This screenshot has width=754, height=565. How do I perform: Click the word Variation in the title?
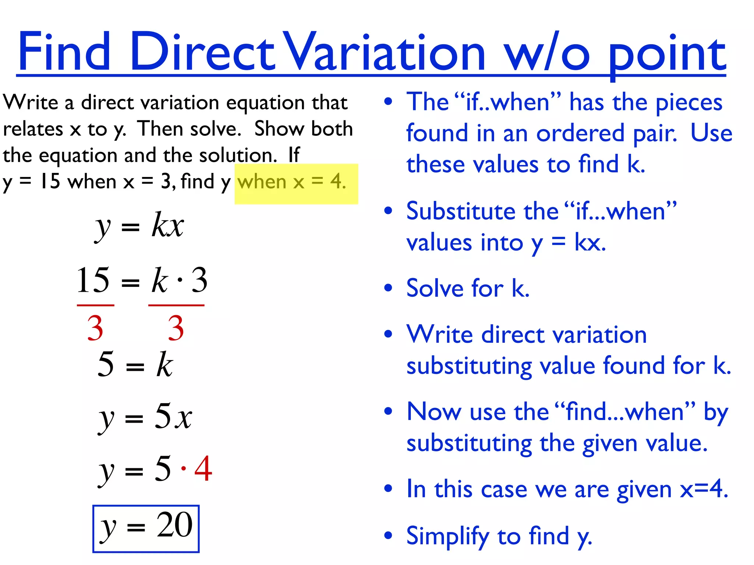385,51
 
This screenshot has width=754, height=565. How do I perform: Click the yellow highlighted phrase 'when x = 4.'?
292,182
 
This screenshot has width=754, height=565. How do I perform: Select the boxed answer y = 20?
146,528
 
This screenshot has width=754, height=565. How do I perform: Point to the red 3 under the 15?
95,328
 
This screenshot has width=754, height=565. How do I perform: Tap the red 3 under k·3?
176,328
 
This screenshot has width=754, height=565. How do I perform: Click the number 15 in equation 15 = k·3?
93,280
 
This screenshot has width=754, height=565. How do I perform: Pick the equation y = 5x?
145,417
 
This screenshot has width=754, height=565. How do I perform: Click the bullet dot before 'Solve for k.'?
388,288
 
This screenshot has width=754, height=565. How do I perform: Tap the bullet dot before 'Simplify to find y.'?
388,535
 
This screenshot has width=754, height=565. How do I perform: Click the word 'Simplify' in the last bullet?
448,536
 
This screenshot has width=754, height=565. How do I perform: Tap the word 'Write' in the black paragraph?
30,102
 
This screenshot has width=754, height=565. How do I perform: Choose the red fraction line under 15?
95,305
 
